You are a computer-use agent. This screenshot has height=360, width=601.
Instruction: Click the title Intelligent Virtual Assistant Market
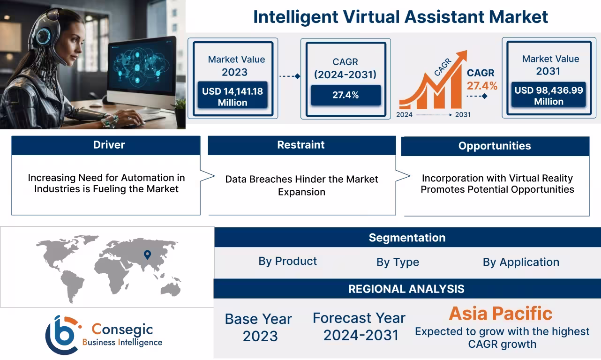point(400,17)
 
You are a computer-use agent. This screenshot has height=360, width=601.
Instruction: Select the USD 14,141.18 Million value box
point(233,97)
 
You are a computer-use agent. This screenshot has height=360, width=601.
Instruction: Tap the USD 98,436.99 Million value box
point(548,96)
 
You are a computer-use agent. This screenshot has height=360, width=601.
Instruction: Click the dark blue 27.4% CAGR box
point(346,95)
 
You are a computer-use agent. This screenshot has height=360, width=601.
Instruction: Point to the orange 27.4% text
point(481,86)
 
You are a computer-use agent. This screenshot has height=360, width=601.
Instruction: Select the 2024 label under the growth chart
point(405,114)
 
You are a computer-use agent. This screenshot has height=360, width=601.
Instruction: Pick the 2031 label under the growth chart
point(462,114)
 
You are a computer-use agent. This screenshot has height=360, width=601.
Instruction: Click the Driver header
point(109,145)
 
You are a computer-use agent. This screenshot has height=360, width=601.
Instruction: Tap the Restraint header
point(301,145)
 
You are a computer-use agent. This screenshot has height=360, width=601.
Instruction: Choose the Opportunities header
point(495,146)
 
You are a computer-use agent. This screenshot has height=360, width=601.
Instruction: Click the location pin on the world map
point(147,255)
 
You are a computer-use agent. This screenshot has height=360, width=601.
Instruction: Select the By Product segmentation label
point(287,262)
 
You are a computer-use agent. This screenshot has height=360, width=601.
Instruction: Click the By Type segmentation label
point(398,262)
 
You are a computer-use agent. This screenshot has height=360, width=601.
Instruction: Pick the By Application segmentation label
point(521,262)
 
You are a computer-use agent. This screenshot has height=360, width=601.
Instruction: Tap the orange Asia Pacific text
point(501,313)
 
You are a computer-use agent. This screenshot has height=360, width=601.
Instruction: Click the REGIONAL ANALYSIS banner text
point(406,289)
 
